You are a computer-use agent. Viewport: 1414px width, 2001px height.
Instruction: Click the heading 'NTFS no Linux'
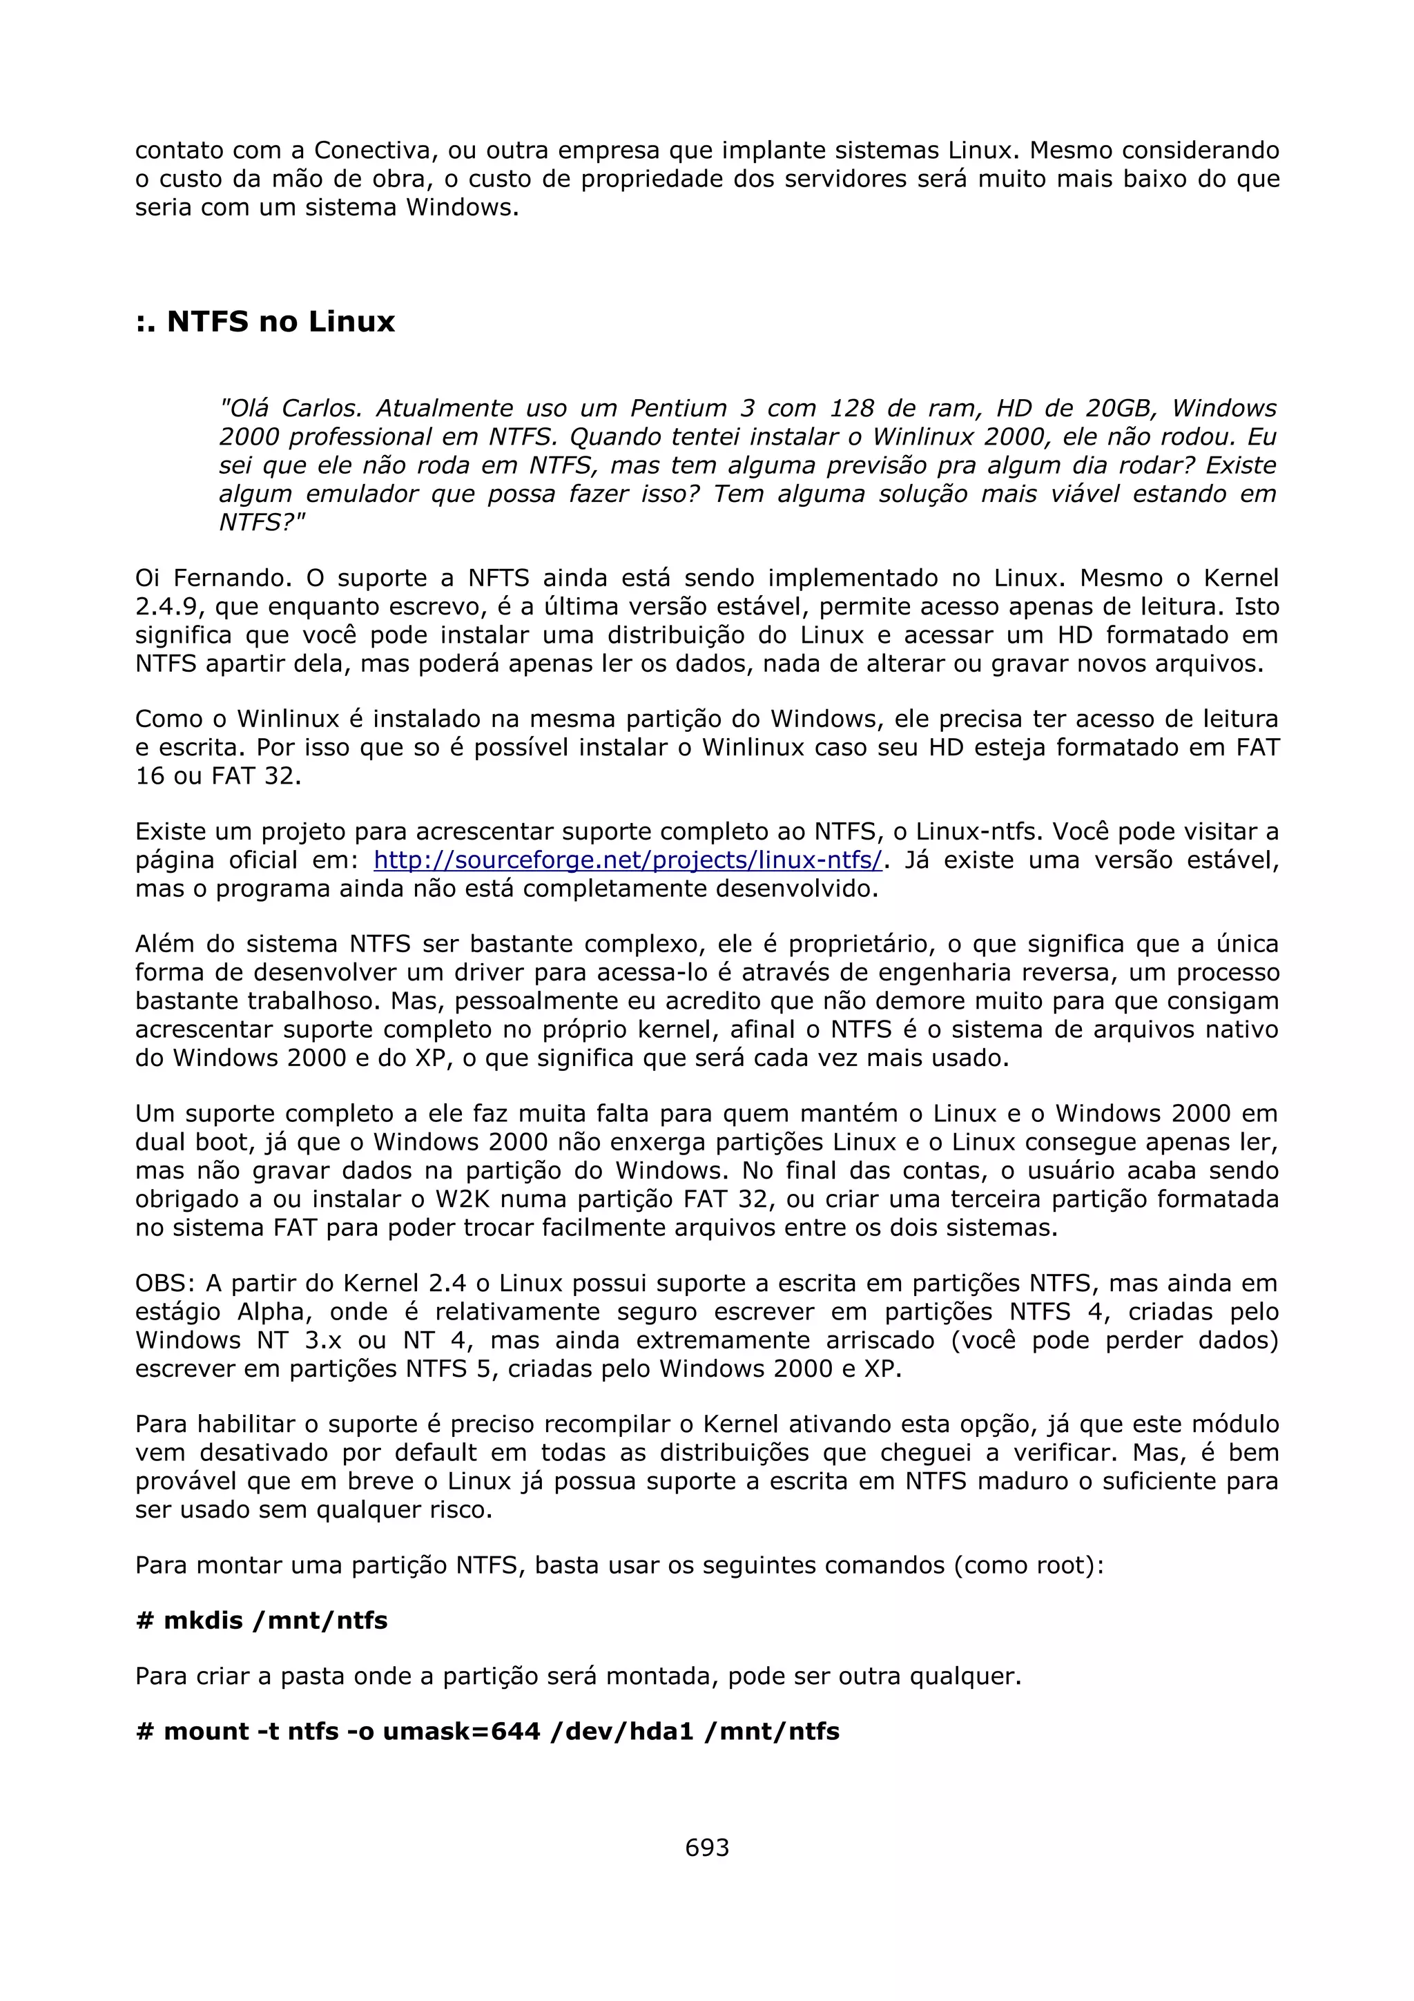[265, 322]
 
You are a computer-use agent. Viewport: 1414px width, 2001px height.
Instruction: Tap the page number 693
[706, 1848]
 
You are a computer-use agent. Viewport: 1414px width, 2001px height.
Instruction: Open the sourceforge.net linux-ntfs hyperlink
[628, 860]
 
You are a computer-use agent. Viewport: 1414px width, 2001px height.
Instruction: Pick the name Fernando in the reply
[229, 578]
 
